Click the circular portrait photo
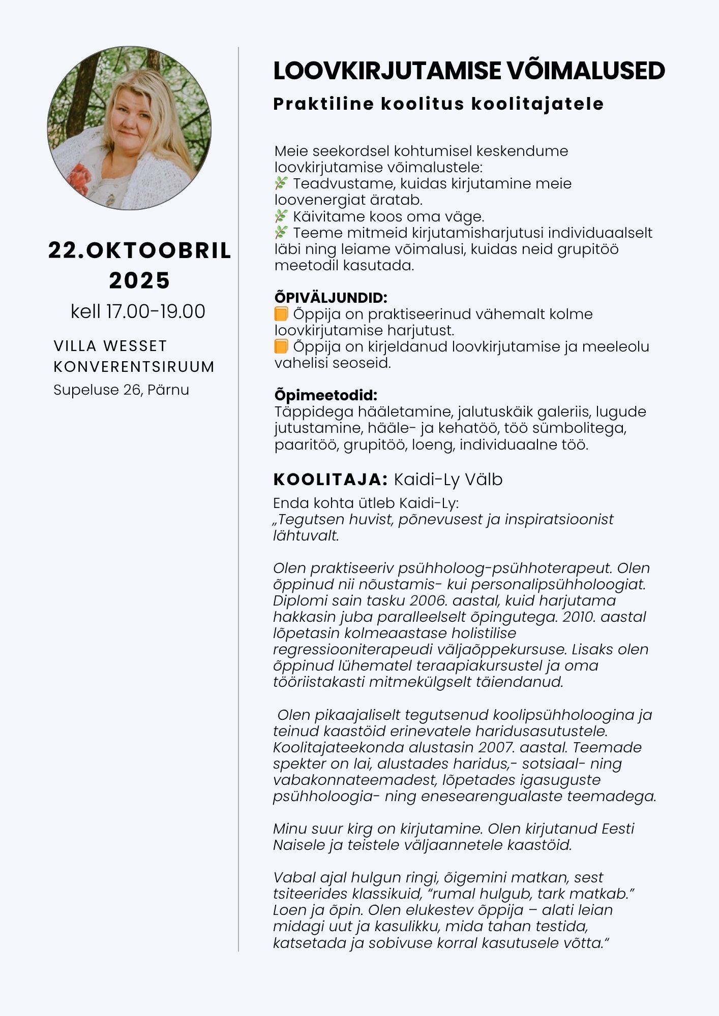(x=129, y=128)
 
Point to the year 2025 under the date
(x=139, y=280)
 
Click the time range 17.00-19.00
(x=156, y=311)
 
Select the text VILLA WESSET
(x=110, y=346)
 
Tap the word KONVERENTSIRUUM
(x=134, y=367)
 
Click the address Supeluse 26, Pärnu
(x=121, y=390)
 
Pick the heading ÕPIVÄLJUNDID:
(x=331, y=298)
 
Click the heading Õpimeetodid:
(x=325, y=395)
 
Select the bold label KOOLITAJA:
(x=331, y=479)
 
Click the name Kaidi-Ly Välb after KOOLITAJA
(x=448, y=479)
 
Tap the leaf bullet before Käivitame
(x=281, y=217)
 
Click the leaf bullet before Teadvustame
(x=281, y=184)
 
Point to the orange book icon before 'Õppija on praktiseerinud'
(x=281, y=314)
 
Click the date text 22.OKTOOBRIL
(x=139, y=250)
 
